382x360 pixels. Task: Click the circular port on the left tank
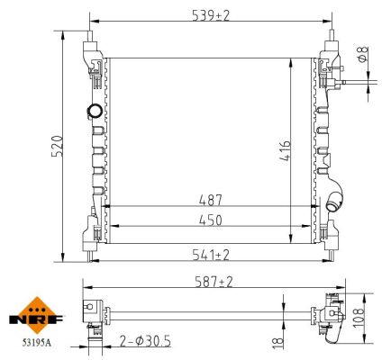pyautogui.click(x=93, y=112)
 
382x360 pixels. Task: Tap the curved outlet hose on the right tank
pyautogui.click(x=337, y=201)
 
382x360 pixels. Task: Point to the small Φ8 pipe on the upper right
pyautogui.click(x=356, y=83)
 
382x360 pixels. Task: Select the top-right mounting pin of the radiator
pyautogui.click(x=330, y=40)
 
